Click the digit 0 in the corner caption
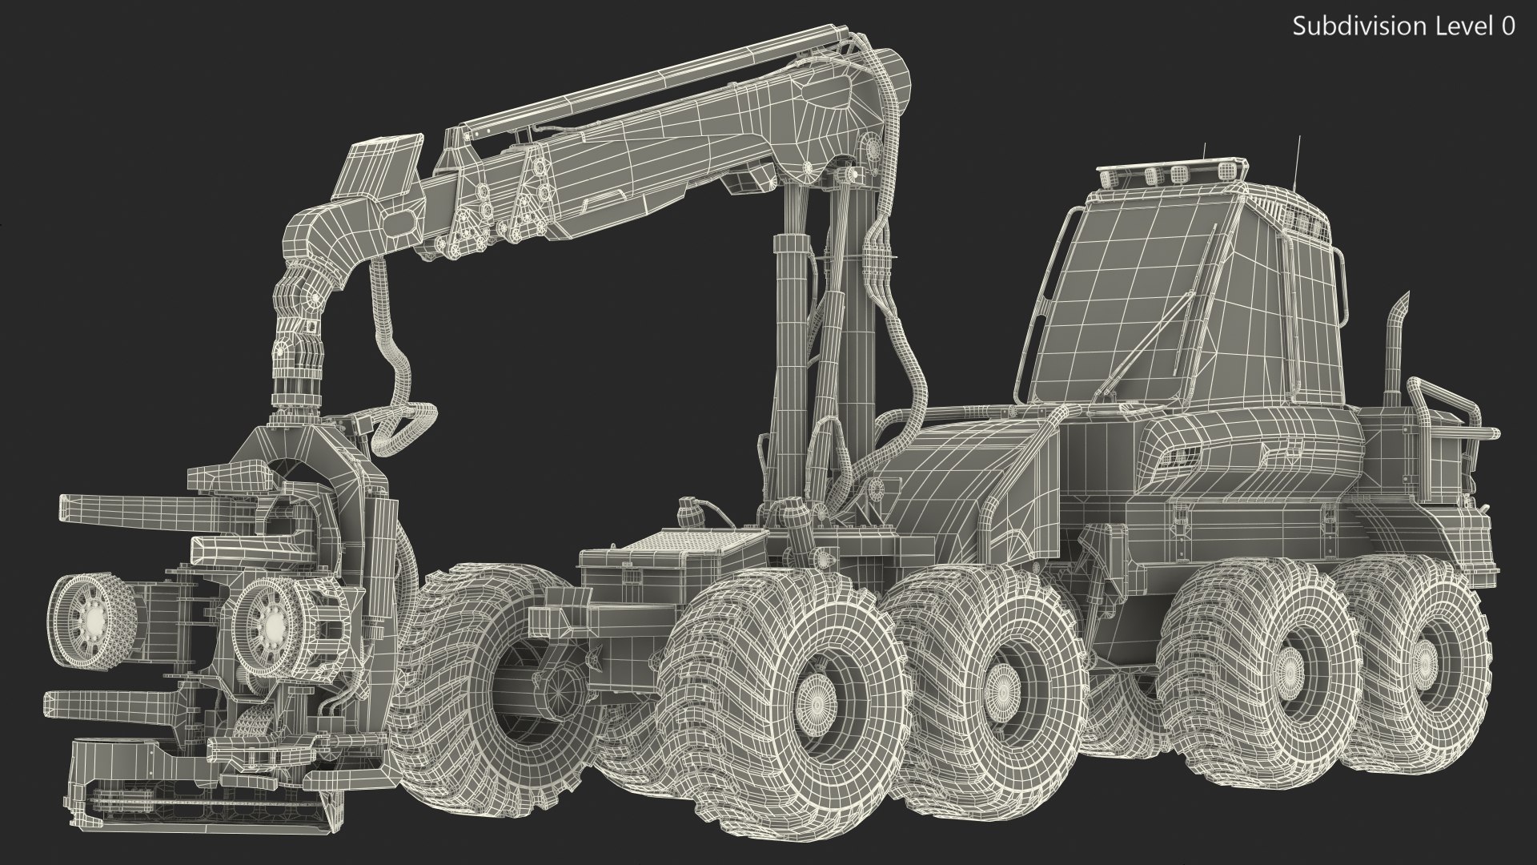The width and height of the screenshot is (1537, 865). click(1507, 26)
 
